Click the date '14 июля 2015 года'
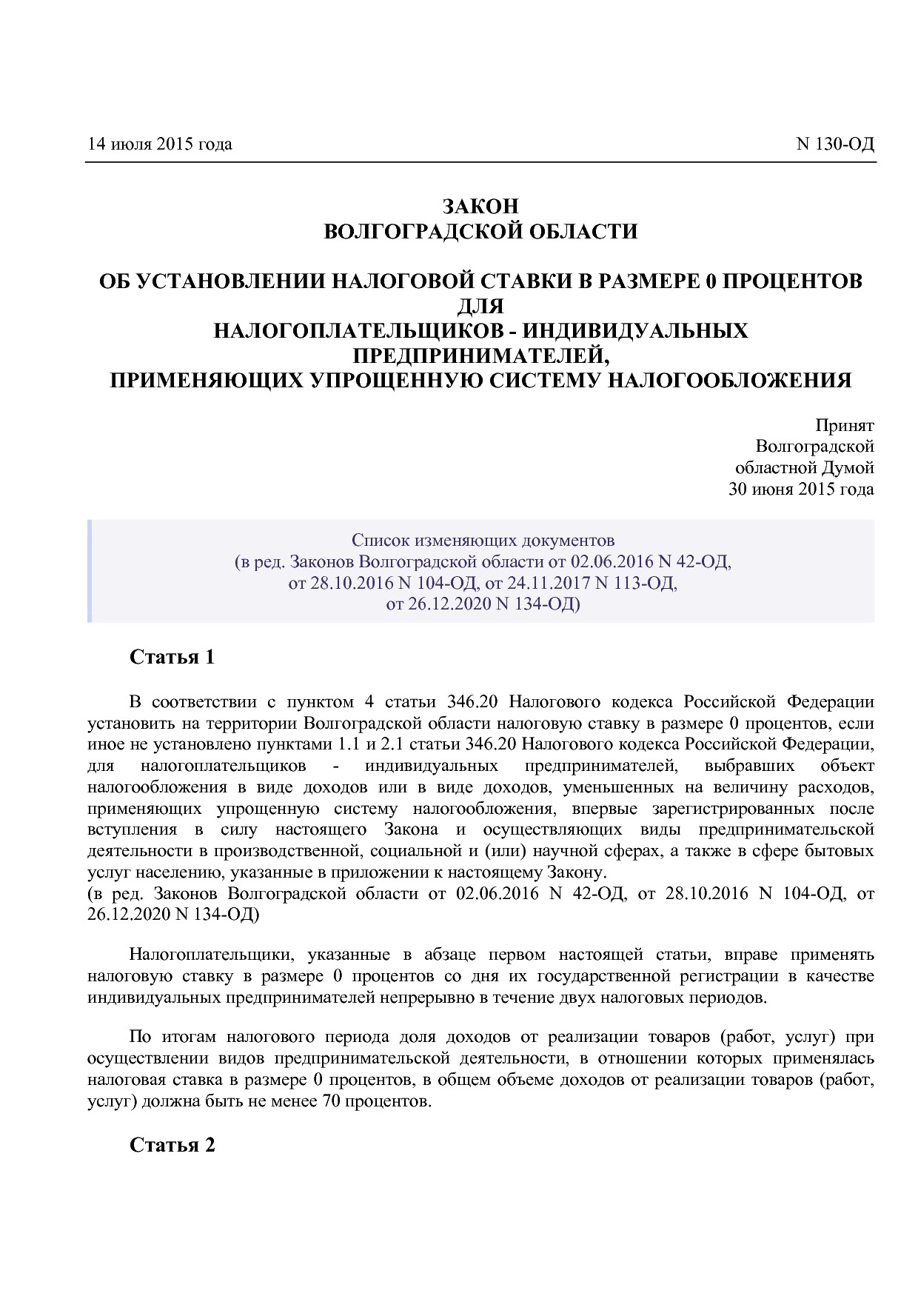159,144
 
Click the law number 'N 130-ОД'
834,144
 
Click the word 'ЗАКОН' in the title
480,207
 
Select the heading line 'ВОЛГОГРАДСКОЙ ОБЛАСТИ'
480,232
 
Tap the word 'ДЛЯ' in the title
480,306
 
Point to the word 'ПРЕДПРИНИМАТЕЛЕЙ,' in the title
480,355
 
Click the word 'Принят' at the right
844,425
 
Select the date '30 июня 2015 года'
801,489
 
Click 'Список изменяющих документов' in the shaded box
483,540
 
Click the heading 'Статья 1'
172,657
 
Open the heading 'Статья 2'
172,1145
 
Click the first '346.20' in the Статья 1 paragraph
472,701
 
